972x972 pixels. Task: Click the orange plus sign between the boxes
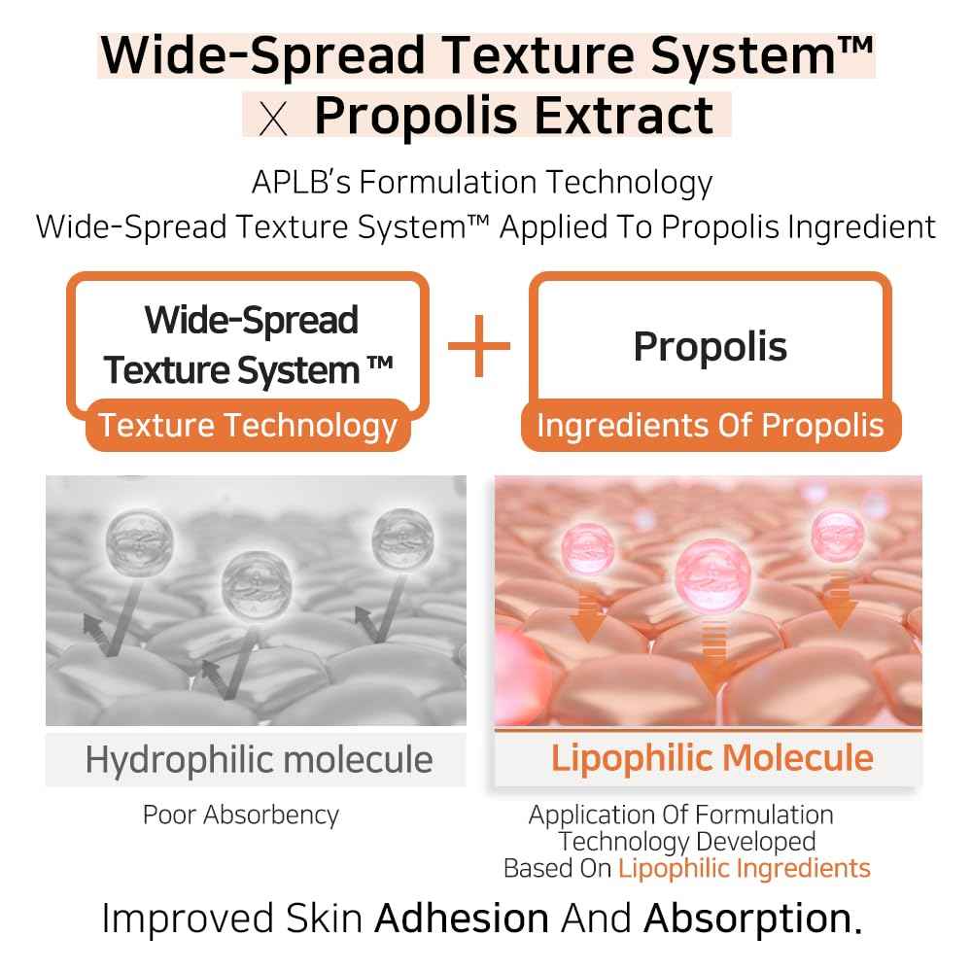pos(479,346)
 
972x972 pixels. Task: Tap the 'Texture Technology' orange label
pos(249,426)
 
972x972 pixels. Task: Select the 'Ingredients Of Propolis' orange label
pos(711,426)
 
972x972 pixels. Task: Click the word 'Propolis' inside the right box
pos(711,347)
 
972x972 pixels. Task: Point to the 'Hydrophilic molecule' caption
pos(259,759)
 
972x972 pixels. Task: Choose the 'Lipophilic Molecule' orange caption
pos(712,758)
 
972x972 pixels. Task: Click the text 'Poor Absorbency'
pos(241,815)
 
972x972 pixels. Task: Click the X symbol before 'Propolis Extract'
pos(276,118)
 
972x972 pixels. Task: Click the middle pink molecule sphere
pos(712,570)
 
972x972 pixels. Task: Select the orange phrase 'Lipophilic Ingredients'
pos(745,868)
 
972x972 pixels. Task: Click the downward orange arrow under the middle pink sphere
pos(712,661)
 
